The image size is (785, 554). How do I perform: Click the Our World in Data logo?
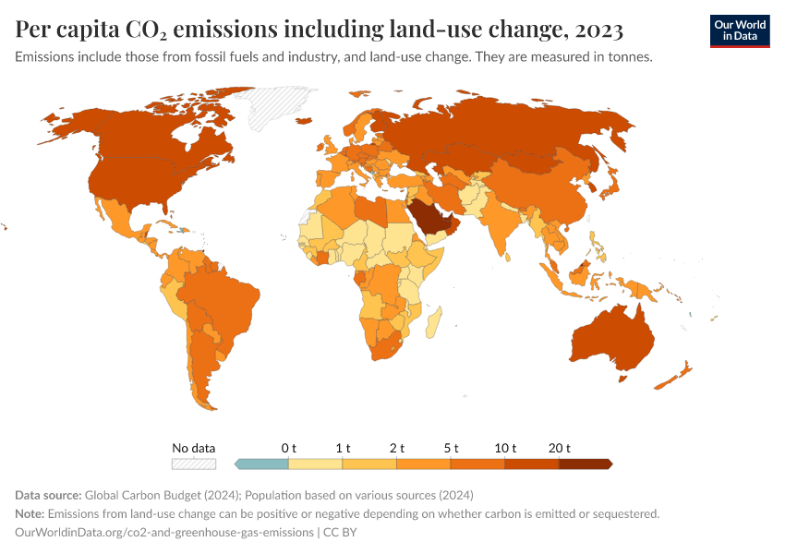pos(739,30)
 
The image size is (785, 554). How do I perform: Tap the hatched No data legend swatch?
pos(194,464)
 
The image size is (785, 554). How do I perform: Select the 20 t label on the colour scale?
pos(559,448)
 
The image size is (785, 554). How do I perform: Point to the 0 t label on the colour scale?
pos(289,448)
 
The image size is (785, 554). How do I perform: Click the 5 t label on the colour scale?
pos(451,448)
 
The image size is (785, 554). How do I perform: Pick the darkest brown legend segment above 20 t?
pos(585,464)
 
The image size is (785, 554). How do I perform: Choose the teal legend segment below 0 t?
pos(262,464)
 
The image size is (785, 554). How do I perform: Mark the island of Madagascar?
pos(433,323)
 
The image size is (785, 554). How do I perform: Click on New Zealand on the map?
pos(677,376)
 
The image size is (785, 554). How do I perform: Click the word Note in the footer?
pos(30,513)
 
